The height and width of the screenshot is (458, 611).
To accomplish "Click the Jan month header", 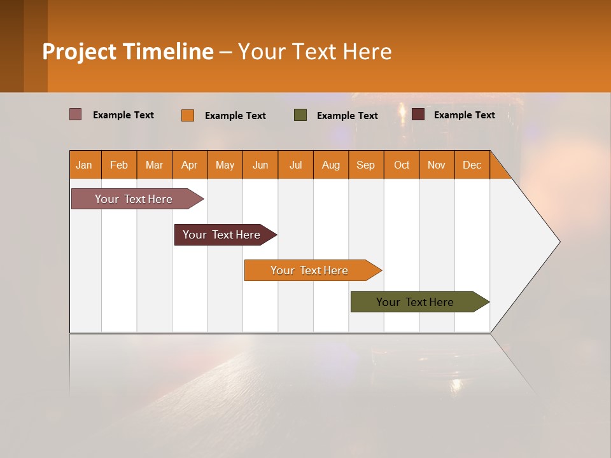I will point(84,165).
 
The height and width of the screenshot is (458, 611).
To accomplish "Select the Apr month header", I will point(189,165).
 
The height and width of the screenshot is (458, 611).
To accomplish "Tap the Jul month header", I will point(295,165).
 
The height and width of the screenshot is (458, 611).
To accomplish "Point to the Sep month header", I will point(365,165).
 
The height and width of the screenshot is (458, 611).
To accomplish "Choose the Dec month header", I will point(472,165).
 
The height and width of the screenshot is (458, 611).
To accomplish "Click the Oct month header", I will point(401,165).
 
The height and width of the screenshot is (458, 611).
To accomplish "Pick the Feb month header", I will point(119,165).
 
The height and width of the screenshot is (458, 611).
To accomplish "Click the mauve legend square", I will point(76,114).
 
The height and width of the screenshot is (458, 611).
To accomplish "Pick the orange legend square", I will point(188,115).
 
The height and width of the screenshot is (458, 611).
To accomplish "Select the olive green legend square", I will point(300,115).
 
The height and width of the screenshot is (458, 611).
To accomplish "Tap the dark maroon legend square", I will point(418,114).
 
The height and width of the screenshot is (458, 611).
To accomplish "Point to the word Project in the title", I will point(78,52).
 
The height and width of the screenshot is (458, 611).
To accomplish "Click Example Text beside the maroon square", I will point(464,114).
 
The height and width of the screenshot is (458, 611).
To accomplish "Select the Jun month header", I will point(260,165).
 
